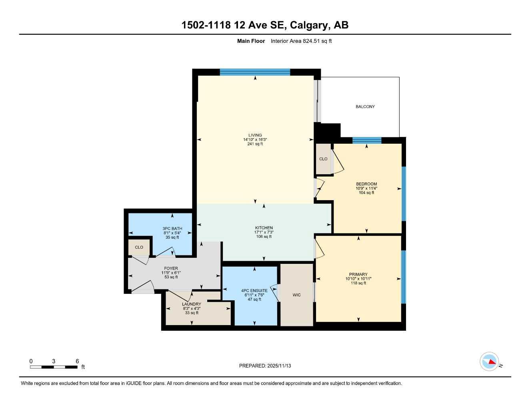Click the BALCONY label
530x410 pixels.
point(365,107)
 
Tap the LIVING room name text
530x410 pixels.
point(255,135)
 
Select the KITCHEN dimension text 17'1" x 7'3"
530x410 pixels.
point(264,232)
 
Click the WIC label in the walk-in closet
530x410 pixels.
point(296,295)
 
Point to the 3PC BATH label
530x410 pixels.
point(172,229)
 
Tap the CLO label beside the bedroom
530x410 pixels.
point(323,159)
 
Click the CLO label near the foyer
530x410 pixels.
point(139,247)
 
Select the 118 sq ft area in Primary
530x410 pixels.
point(358,283)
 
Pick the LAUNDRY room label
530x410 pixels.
point(191,304)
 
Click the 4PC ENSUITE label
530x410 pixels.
point(254,291)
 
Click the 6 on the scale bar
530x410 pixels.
point(77,361)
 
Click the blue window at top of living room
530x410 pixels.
point(255,72)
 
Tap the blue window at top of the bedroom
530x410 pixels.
point(366,140)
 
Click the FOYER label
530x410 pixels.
point(171,269)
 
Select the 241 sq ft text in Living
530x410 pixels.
point(255,144)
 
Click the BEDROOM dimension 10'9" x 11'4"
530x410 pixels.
point(366,188)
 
